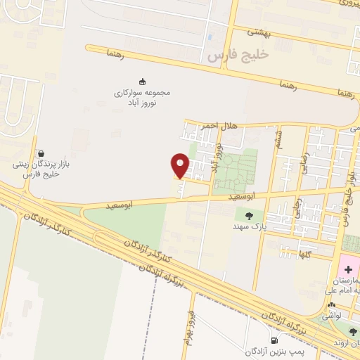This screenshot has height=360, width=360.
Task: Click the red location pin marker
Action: (x=181, y=166)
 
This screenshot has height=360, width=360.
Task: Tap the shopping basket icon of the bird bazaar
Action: (x=41, y=153)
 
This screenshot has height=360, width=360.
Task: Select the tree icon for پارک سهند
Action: (x=248, y=215)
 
